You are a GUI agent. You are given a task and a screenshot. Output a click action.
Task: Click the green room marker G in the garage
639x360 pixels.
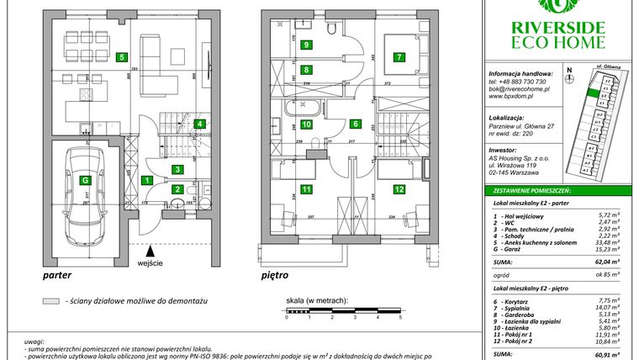84,180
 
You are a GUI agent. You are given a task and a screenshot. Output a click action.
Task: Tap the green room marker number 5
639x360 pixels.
123,58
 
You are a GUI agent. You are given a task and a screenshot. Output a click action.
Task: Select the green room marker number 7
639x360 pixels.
399,57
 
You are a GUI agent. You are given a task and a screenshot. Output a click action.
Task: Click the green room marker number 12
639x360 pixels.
399,190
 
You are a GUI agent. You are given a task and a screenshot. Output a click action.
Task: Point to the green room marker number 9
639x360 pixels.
307,45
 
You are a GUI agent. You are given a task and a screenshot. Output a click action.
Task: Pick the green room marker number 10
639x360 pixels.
307,124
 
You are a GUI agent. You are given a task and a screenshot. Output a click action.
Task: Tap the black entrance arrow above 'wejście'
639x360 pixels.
150,249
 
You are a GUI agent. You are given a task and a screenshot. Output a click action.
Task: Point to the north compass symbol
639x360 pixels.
569,79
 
